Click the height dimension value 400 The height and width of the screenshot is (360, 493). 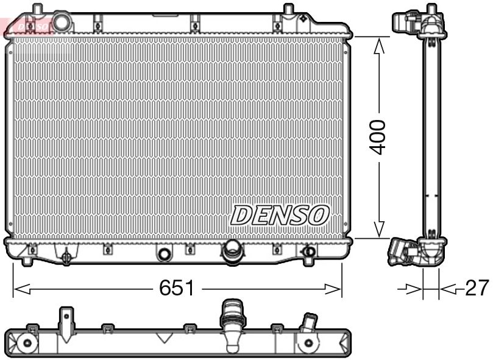378,137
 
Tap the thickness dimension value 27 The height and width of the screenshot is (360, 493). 477,288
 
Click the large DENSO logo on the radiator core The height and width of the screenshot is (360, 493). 280,214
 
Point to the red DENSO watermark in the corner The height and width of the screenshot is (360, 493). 27,26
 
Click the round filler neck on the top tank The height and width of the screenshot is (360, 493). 62,22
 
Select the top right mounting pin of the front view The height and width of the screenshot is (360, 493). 288,11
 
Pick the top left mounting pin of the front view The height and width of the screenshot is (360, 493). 37,11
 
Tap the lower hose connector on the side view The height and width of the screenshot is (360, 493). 403,252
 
